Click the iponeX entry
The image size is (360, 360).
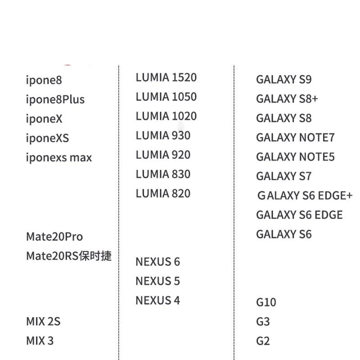(44, 119)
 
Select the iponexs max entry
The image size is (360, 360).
(59, 157)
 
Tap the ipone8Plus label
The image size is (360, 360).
(55, 99)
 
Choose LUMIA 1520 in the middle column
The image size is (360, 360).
(166, 77)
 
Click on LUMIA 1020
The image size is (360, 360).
(166, 116)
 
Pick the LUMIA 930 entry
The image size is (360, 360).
(163, 135)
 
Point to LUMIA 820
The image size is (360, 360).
(163, 193)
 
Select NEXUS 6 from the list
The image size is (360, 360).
(157, 261)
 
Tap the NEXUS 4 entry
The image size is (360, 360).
(157, 300)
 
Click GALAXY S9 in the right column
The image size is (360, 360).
(284, 80)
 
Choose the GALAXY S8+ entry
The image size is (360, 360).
(287, 99)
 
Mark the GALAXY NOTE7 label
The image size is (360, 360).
(295, 138)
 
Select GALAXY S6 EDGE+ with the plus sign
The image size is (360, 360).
(305, 196)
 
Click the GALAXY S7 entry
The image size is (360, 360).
(284, 176)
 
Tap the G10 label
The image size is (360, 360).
(266, 302)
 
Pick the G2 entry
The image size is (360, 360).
(263, 341)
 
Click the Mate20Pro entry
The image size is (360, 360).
(54, 237)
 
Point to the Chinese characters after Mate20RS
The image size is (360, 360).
(95, 256)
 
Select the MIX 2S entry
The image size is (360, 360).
(43, 322)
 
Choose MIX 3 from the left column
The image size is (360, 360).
(40, 341)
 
